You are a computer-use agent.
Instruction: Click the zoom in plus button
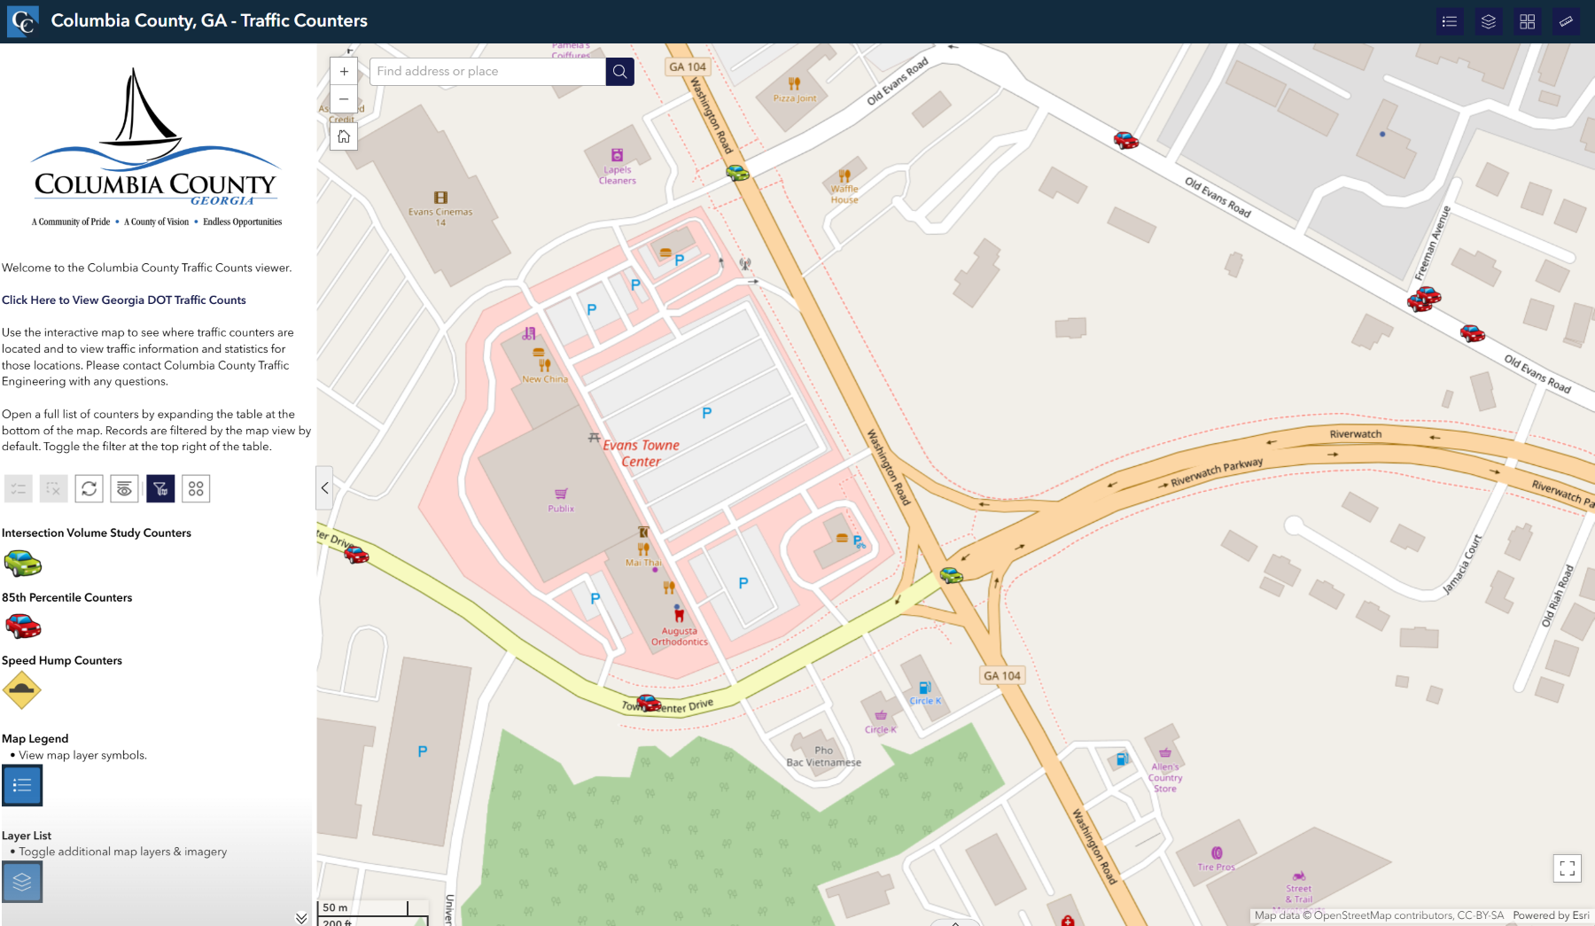pyautogui.click(x=344, y=72)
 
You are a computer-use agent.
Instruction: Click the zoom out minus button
pyautogui.click(x=344, y=99)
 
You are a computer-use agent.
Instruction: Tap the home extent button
pyautogui.click(x=344, y=136)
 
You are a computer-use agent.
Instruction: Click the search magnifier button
pyautogui.click(x=619, y=72)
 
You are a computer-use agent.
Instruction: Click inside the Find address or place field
pyautogui.click(x=487, y=72)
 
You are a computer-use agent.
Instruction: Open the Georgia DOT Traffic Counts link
pyautogui.click(x=124, y=300)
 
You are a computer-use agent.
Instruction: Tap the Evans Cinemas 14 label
pyautogui.click(x=440, y=216)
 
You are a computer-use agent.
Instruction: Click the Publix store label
pyautogui.click(x=561, y=509)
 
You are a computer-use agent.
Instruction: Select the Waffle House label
pyautogui.click(x=844, y=194)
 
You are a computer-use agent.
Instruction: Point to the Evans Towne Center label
pyautogui.click(x=642, y=453)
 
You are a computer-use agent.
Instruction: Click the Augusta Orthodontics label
pyautogui.click(x=680, y=636)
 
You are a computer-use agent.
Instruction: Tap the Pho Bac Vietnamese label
pyautogui.click(x=824, y=757)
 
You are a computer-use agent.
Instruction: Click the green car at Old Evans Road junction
pyautogui.click(x=737, y=172)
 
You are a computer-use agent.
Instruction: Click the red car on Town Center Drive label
pyautogui.click(x=649, y=703)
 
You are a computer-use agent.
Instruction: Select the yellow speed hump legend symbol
pyautogui.click(x=22, y=690)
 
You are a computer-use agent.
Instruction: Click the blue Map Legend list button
pyautogui.click(x=22, y=786)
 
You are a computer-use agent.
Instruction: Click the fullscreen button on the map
pyautogui.click(x=1567, y=868)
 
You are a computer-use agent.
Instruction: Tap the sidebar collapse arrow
pyautogui.click(x=324, y=487)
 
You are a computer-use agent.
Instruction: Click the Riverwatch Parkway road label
pyautogui.click(x=1217, y=472)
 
